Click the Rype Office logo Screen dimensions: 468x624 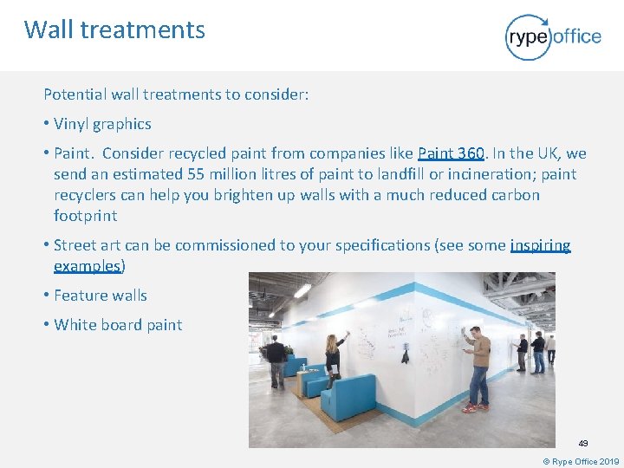click(552, 36)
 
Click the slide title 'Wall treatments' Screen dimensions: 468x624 click(114, 29)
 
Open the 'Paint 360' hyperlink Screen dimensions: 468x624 click(451, 153)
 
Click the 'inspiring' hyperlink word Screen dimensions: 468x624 click(541, 245)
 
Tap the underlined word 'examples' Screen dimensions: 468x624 click(87, 265)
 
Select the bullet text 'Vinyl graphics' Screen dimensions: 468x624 click(102, 124)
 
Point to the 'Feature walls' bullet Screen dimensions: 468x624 click(101, 296)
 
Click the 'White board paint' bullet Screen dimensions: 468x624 click(118, 325)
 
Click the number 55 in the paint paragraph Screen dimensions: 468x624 click(197, 174)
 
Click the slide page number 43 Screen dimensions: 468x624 click(583, 443)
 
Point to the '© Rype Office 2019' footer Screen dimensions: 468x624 click(580, 461)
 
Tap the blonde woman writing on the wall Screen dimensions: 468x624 click(332, 355)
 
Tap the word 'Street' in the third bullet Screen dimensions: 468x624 click(75, 245)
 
